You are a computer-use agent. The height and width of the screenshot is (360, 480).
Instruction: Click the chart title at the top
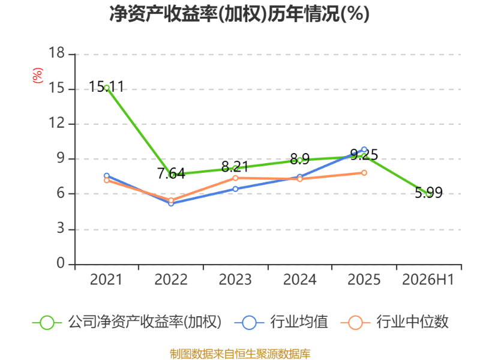[239, 14]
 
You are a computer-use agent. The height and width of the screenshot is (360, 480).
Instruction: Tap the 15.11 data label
[106, 86]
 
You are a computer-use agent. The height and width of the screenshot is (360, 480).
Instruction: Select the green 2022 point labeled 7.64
[171, 174]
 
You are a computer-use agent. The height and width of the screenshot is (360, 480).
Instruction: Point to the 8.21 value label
[235, 167]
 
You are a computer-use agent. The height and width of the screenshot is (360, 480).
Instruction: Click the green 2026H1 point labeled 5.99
[428, 194]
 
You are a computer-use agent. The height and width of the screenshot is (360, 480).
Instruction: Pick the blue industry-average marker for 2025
[364, 149]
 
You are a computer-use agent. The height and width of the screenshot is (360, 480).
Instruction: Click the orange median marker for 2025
[364, 173]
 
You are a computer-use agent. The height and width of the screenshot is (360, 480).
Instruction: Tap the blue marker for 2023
[235, 189]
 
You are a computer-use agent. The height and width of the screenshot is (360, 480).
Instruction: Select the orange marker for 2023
[235, 178]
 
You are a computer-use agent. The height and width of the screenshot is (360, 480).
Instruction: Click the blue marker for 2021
[107, 176]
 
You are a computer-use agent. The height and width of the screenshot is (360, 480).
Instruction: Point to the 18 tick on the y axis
[56, 53]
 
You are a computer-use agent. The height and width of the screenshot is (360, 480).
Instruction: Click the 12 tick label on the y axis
[56, 123]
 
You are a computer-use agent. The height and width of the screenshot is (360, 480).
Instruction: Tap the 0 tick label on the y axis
[61, 263]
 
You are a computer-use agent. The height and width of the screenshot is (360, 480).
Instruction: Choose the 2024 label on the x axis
[299, 280]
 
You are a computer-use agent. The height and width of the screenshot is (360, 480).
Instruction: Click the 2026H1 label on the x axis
[428, 280]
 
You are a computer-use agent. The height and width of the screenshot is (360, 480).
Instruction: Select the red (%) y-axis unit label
[38, 76]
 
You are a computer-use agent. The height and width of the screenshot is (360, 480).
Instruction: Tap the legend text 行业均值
[299, 322]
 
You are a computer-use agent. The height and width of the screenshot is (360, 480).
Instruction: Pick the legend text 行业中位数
[412, 322]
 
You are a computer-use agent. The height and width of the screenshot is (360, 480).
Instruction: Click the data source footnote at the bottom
[240, 354]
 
